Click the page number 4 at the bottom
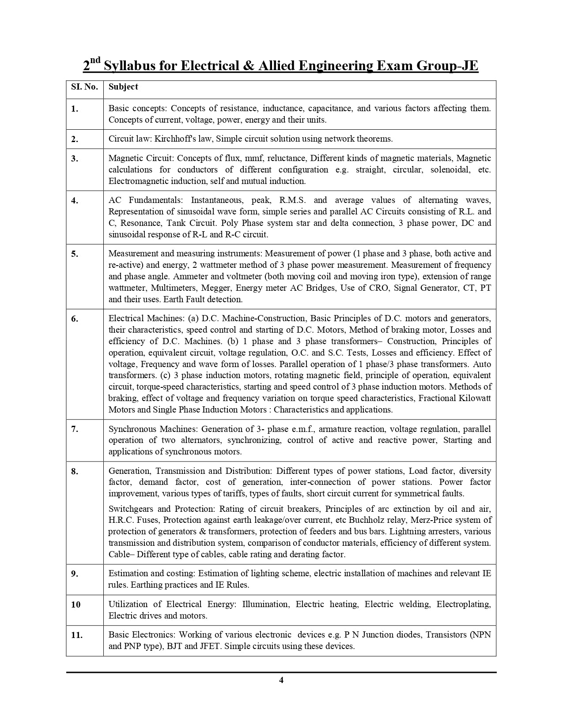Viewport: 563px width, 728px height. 281,680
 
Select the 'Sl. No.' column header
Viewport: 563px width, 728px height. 84,87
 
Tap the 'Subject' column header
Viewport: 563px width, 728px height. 123,87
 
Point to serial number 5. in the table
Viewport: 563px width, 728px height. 75,254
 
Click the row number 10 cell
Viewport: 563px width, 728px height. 76,604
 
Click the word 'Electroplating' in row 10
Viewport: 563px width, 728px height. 463,604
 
